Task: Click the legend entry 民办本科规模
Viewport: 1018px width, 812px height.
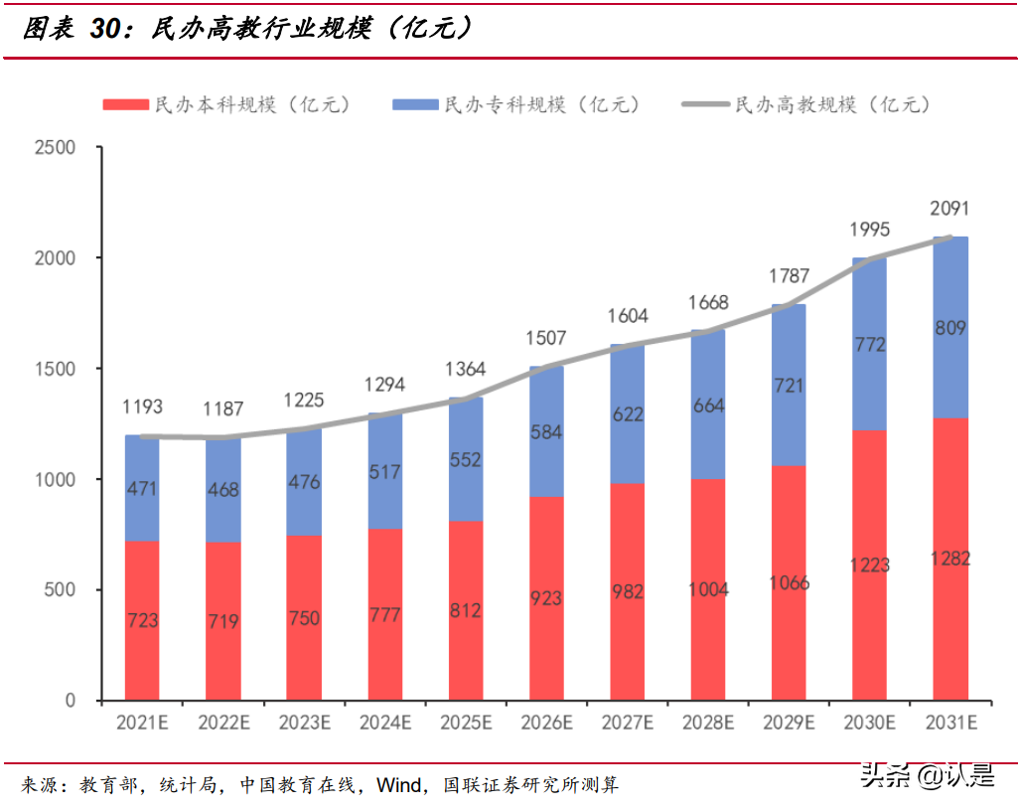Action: pos(225,104)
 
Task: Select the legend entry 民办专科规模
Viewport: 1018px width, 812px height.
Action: pos(516,104)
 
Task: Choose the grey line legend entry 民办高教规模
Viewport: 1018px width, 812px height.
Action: pos(806,104)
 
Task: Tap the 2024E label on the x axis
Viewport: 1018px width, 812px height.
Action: pos(385,722)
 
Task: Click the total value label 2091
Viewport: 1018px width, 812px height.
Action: pos(949,209)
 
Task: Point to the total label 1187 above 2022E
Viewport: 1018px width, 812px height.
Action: pos(223,409)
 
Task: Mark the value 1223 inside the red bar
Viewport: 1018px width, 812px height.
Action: pos(869,566)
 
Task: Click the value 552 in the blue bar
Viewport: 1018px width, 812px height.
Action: pos(465,460)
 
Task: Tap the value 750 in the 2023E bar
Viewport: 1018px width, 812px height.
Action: pos(304,618)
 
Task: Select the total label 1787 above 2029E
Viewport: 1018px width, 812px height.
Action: pos(789,275)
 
